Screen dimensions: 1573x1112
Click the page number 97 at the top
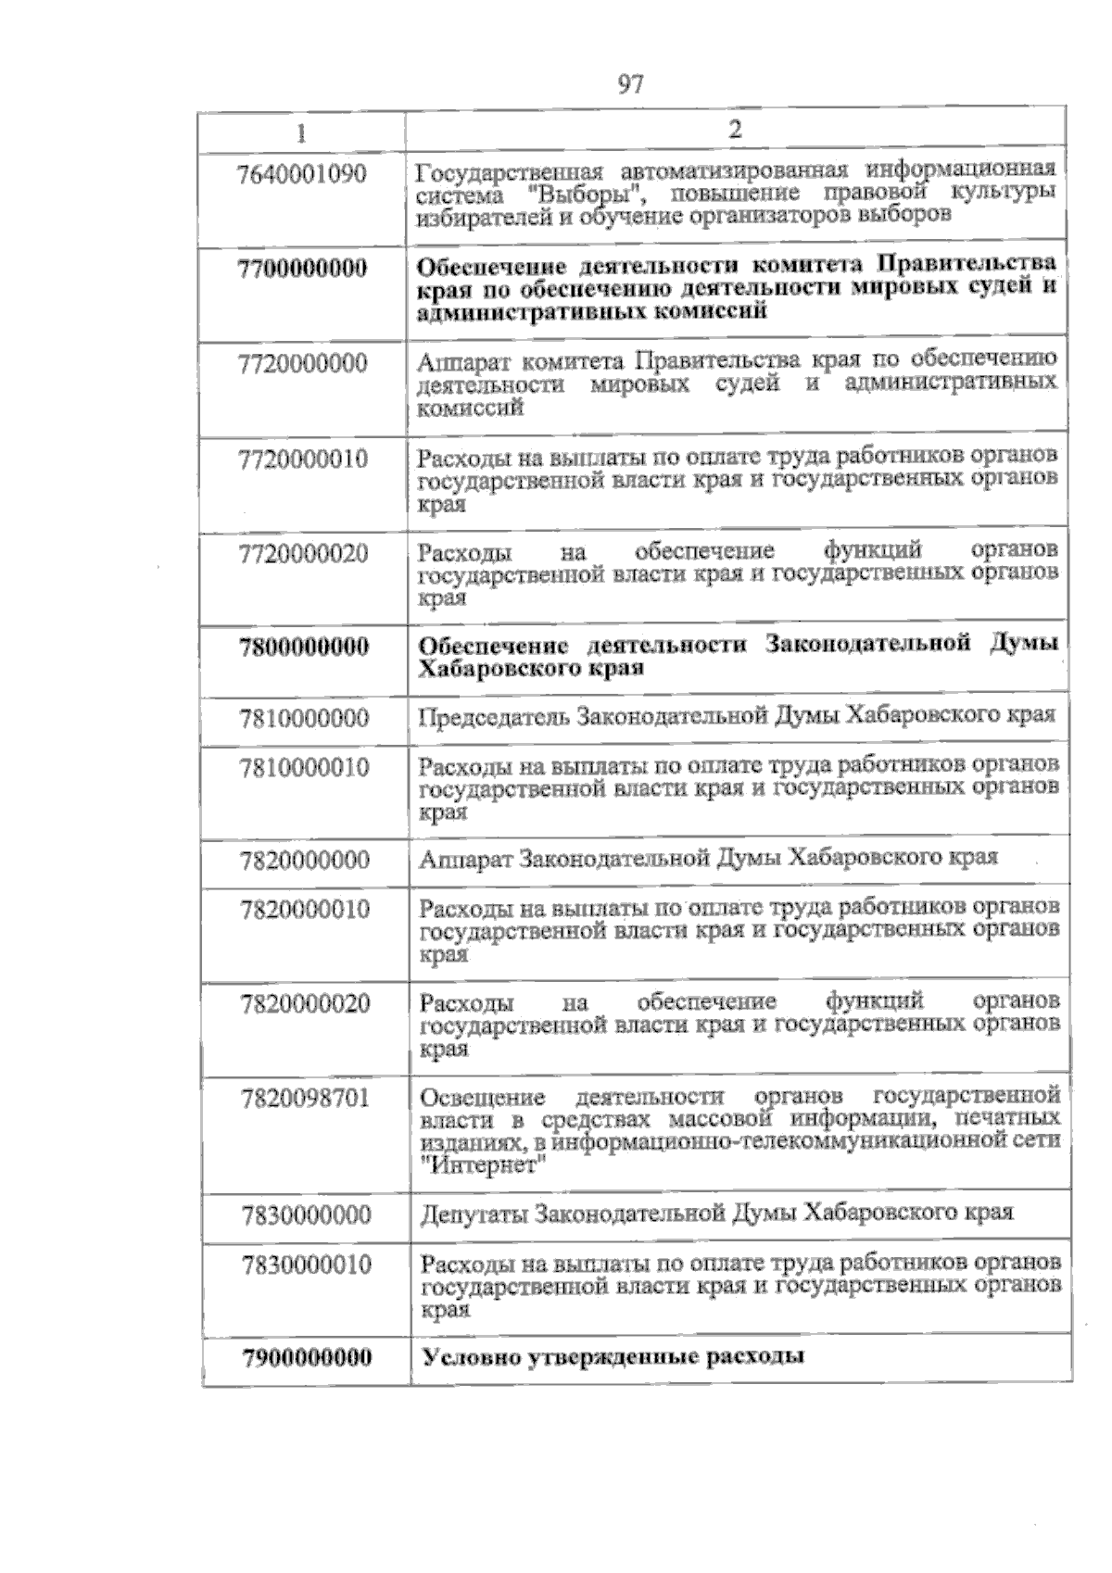pyautogui.click(x=630, y=85)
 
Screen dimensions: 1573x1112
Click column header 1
pyautogui.click(x=300, y=132)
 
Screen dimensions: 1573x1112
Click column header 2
pyautogui.click(x=735, y=130)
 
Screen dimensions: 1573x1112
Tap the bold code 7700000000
pyautogui.click(x=302, y=269)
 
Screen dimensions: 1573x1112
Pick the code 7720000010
pyautogui.click(x=303, y=459)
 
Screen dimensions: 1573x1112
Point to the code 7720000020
pyautogui.click(x=303, y=554)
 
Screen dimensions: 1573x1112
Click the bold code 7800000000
pyautogui.click(x=303, y=646)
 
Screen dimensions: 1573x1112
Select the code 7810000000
pyautogui.click(x=304, y=718)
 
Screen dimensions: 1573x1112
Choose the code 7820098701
pyautogui.click(x=305, y=1099)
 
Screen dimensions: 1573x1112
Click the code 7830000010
pyautogui.click(x=306, y=1265)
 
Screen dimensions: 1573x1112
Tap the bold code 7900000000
pyautogui.click(x=307, y=1358)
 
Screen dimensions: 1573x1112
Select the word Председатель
pyautogui.click(x=492, y=716)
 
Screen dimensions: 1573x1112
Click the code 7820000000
pyautogui.click(x=304, y=861)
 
